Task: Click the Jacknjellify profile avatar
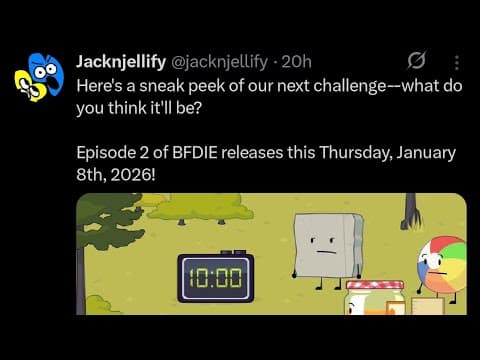pyautogui.click(x=39, y=77)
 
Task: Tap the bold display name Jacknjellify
pyautogui.click(x=121, y=62)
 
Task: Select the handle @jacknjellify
pyautogui.click(x=219, y=62)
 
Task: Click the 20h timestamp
pyautogui.click(x=296, y=62)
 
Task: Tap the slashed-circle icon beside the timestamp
pyautogui.click(x=417, y=61)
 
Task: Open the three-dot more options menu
pyautogui.click(x=457, y=62)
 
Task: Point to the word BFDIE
pyautogui.click(x=195, y=153)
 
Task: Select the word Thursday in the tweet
pyautogui.click(x=355, y=153)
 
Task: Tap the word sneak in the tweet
pyautogui.click(x=162, y=86)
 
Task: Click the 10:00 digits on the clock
pyautogui.click(x=216, y=278)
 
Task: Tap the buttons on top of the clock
pyautogui.click(x=234, y=252)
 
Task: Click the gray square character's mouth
pyautogui.click(x=325, y=252)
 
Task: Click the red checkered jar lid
pyautogui.click(x=375, y=285)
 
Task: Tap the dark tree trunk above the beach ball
pyautogui.click(x=410, y=211)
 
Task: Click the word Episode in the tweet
pyautogui.click(x=106, y=153)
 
